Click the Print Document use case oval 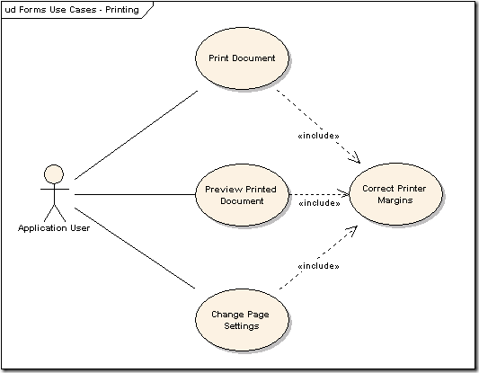(242, 58)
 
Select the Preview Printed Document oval (242, 195)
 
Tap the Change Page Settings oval (242, 320)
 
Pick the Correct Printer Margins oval (395, 194)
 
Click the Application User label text (54, 228)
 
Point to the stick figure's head (54, 174)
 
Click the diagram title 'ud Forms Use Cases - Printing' (72, 10)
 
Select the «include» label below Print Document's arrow (319, 136)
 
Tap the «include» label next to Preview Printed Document (319, 203)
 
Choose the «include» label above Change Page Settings (319, 266)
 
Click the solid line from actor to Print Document (136, 135)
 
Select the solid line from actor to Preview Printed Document (135, 194)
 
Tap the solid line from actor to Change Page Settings (135, 248)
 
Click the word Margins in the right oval (395, 200)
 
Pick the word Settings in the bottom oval (242, 326)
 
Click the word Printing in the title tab (122, 10)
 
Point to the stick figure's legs (55, 213)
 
